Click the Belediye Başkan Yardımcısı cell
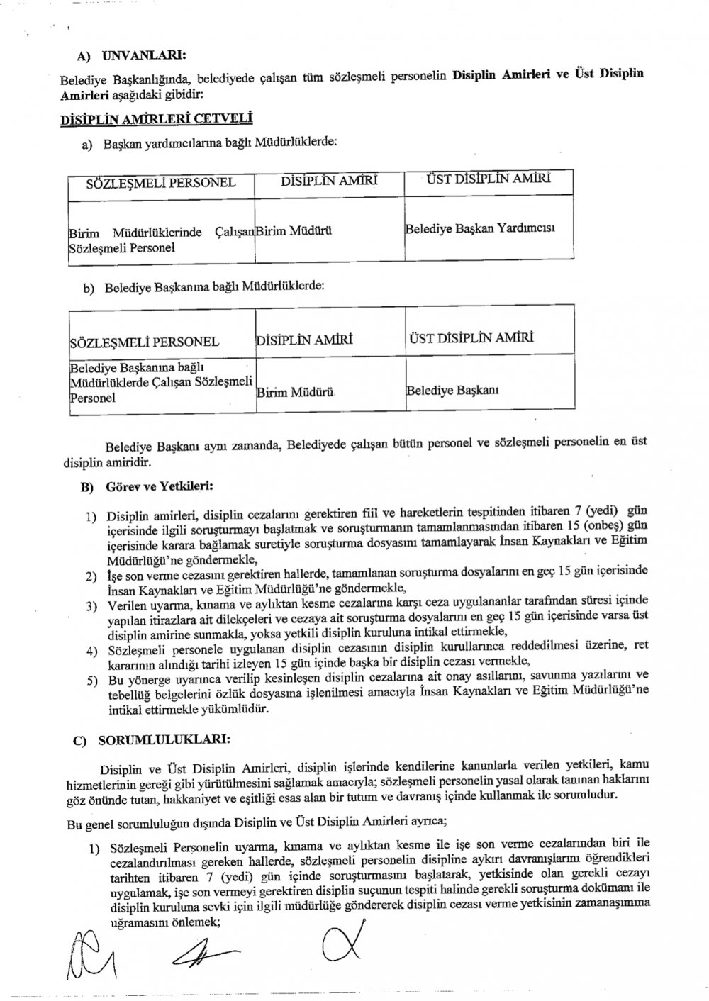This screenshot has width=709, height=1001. pos(479,229)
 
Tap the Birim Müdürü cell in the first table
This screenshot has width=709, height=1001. pos(294,231)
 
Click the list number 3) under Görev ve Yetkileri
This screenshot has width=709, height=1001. pos(91,606)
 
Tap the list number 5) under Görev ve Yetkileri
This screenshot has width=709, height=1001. pos(91,681)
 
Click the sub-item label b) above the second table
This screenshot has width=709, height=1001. pos(89,288)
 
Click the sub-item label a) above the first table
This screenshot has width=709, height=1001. pos(89,145)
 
